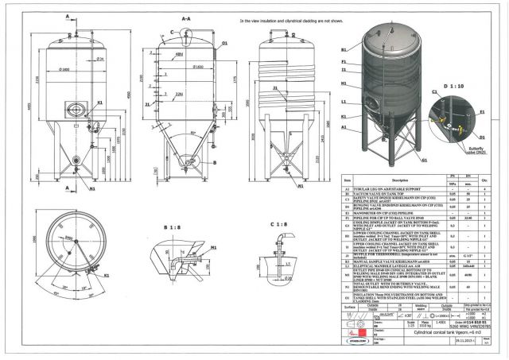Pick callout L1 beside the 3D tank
pyautogui.click(x=344, y=103)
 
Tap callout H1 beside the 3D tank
pyautogui.click(x=344, y=82)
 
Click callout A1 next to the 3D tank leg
pyautogui.click(x=344, y=127)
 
